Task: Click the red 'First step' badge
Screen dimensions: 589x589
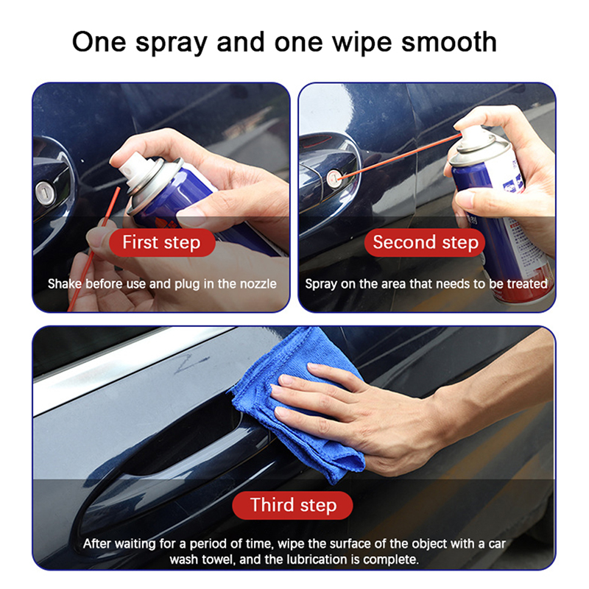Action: click(x=162, y=242)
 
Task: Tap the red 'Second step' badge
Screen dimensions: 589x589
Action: click(x=425, y=242)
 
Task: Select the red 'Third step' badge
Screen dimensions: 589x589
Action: click(x=292, y=505)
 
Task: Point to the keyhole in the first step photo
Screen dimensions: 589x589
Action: click(x=46, y=193)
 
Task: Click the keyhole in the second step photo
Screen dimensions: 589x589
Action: click(x=334, y=178)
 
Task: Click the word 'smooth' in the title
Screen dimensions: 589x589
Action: click(x=449, y=42)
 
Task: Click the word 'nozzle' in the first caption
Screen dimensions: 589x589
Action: click(x=258, y=283)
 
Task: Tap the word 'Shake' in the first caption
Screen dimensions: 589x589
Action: click(x=64, y=283)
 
